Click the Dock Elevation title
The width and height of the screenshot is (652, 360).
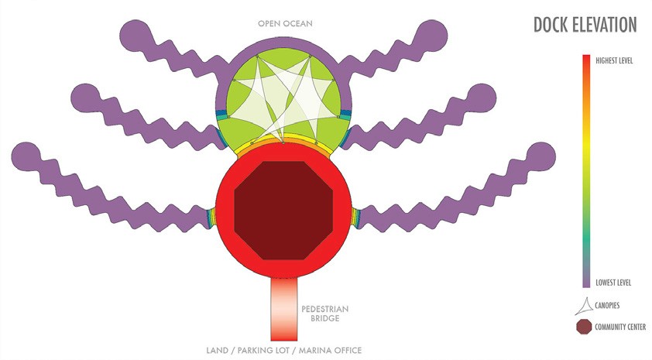coord(585,26)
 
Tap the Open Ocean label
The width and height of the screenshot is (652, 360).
coord(285,24)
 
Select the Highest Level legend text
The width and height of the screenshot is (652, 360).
coord(614,60)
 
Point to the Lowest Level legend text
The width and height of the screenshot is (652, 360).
coord(614,283)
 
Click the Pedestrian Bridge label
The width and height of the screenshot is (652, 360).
coord(319,314)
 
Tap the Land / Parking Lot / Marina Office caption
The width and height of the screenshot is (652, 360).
coord(285,351)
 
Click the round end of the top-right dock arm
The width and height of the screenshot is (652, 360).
coord(433,35)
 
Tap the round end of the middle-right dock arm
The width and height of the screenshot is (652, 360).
coord(482,98)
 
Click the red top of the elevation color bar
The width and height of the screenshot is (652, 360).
coord(586,62)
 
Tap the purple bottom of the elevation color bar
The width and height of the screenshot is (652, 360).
coord(586,282)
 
